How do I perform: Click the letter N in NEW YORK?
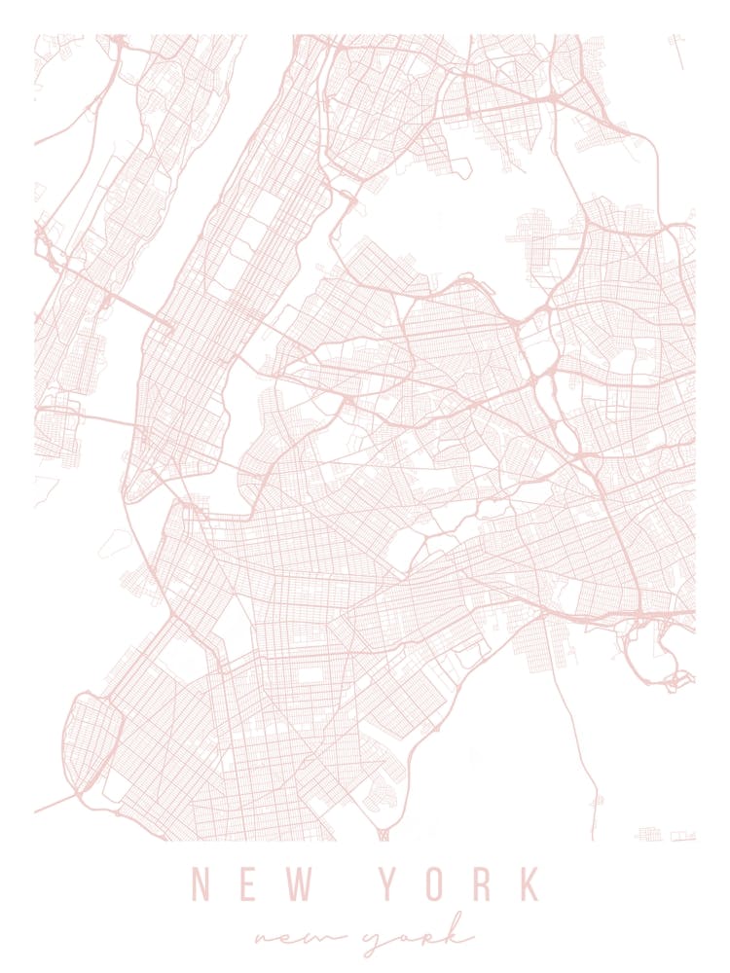point(201,883)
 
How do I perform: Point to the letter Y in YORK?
point(388,883)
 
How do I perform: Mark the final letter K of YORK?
point(529,883)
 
